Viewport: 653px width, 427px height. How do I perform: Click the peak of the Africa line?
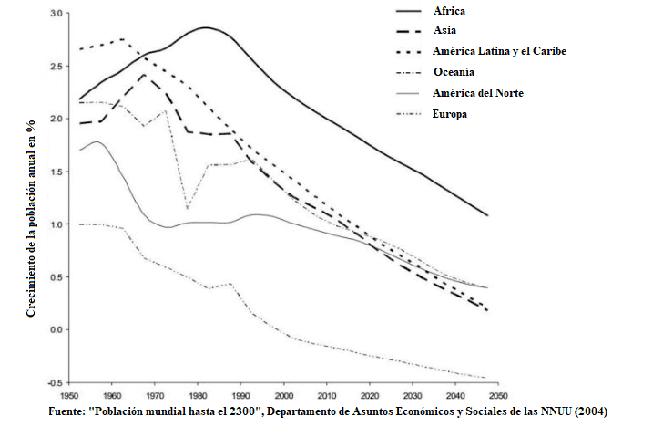205,27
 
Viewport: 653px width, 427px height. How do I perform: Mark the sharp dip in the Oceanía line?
187,208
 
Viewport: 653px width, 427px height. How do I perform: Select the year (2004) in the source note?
588,412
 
